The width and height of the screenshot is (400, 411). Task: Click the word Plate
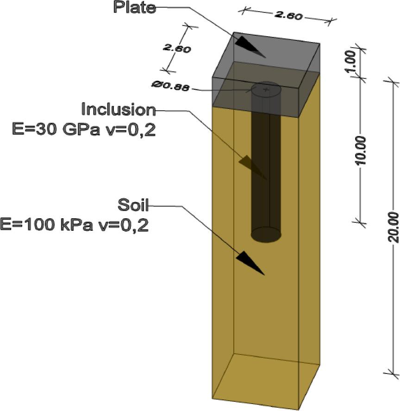[135, 7]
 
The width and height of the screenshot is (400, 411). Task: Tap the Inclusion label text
[119, 110]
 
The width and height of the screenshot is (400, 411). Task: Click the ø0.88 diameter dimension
[170, 85]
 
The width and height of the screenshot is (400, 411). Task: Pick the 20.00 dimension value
[393, 227]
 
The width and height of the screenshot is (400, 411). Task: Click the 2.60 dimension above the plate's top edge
[288, 15]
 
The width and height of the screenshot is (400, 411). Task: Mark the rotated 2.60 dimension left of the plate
[176, 48]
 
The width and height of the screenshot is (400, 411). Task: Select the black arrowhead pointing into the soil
[250, 263]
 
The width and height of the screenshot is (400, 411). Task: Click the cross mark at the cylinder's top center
[266, 89]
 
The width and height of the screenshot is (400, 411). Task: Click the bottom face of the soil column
[265, 379]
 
